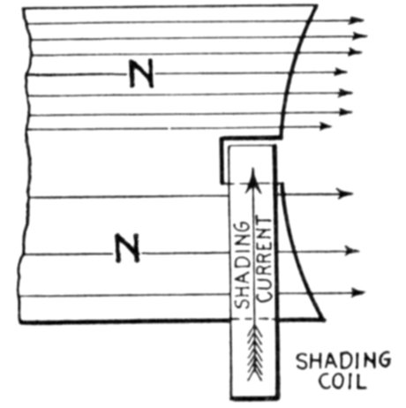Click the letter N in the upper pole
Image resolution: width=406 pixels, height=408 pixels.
coord(142,73)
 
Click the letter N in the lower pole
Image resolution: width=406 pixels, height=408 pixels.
coord(127,248)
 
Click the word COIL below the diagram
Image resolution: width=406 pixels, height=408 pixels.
coord(342,382)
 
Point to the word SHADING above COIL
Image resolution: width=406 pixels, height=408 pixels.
coord(343,360)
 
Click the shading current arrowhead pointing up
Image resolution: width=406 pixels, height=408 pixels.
coord(252,180)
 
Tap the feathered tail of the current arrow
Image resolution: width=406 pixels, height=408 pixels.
coord(255,354)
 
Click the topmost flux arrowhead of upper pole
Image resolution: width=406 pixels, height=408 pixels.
coord(357,20)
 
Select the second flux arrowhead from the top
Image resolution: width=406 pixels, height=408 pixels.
coord(360,36)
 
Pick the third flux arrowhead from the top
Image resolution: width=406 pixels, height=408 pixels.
coord(355,52)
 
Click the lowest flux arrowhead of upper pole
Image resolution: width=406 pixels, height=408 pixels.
coord(325,126)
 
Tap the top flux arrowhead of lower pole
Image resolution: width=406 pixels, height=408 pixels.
coord(345,193)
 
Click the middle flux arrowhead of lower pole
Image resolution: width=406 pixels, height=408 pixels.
coord(352,251)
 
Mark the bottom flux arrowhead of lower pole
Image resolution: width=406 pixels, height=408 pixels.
coord(357,292)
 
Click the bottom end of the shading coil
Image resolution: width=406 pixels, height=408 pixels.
coord(254,398)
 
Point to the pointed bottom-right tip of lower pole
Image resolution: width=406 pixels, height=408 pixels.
coord(324,320)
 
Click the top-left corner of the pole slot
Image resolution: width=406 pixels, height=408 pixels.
coord(221,139)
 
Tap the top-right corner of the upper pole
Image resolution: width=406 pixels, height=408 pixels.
coord(317,5)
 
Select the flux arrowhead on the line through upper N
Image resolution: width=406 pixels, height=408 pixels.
coord(341,72)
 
